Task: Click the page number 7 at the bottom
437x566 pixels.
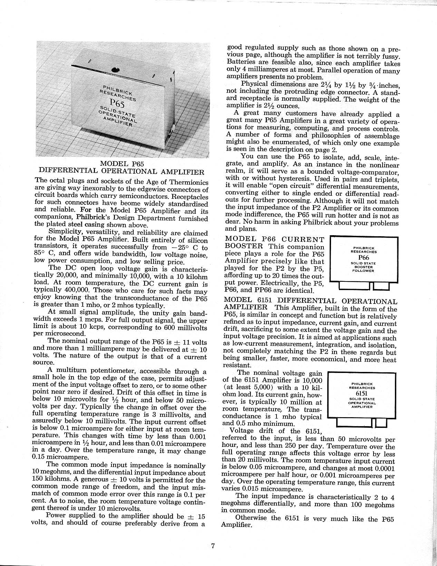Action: tap(213, 546)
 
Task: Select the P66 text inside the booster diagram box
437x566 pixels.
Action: tap(363, 258)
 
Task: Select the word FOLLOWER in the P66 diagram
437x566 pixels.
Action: tap(364, 271)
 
